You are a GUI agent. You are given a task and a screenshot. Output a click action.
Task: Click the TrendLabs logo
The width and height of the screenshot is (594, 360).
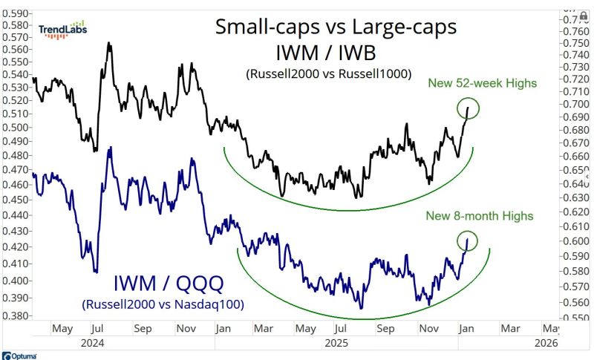pyautogui.click(x=63, y=30)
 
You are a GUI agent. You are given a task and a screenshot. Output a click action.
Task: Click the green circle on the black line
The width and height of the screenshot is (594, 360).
pyautogui.click(x=468, y=110)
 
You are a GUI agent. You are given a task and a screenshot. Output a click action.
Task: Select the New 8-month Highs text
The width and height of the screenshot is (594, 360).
pyautogui.click(x=479, y=216)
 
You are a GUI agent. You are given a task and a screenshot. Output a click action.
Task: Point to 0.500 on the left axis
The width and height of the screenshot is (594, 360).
pyautogui.click(x=16, y=127)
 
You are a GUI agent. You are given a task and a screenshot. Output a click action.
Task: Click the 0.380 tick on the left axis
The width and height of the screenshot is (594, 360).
pyautogui.click(x=16, y=315)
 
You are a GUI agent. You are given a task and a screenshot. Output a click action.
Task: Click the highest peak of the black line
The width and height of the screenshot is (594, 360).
pyautogui.click(x=109, y=44)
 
